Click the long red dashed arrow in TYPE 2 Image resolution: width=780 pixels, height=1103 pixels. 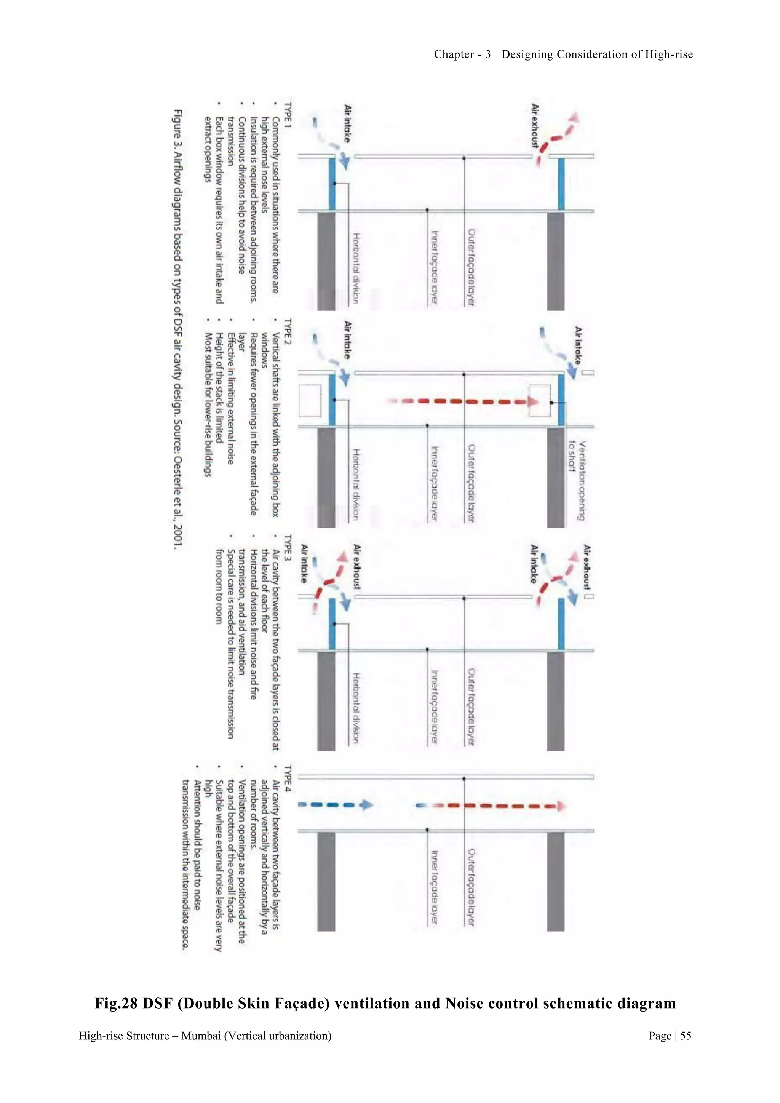click(x=461, y=401)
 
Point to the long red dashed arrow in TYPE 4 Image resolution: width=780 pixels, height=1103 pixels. click(x=490, y=806)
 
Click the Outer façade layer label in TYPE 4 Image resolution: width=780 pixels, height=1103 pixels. click(x=471, y=887)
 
